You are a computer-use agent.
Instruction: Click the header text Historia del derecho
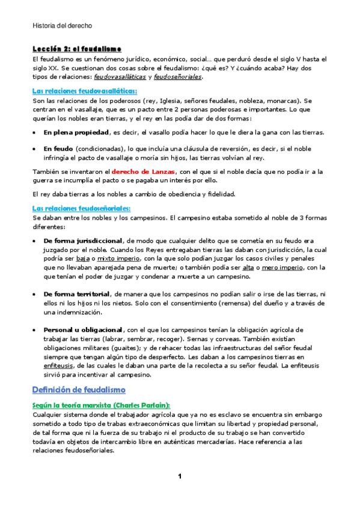pos(62,26)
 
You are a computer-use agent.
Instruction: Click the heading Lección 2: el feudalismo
pos(76,49)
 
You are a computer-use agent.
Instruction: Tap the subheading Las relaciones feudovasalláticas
pos(84,91)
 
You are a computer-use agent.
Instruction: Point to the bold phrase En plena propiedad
pos(76,132)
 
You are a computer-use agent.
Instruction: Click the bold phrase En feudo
pos(58,147)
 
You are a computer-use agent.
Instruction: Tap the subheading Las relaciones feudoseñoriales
pos(81,208)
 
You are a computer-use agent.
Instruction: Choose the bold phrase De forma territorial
pos(76,294)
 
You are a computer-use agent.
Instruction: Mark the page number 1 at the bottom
pos(180,477)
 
